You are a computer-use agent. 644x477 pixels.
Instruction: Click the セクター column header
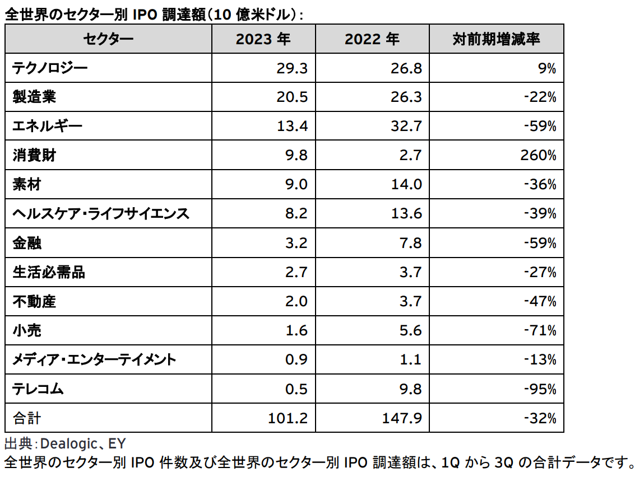(x=108, y=39)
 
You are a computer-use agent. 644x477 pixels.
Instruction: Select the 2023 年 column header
(x=263, y=39)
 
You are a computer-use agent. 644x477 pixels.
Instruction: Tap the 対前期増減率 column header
(x=496, y=39)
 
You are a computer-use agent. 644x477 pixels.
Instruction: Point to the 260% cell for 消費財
(x=538, y=156)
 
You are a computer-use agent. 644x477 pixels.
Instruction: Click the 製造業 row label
(x=34, y=97)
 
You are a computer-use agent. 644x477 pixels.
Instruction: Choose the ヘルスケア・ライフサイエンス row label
(x=101, y=214)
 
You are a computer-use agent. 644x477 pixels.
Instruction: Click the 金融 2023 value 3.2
(x=298, y=243)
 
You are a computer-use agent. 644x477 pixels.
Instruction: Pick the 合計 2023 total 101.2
(x=289, y=418)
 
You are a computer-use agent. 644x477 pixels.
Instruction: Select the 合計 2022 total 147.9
(x=402, y=418)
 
